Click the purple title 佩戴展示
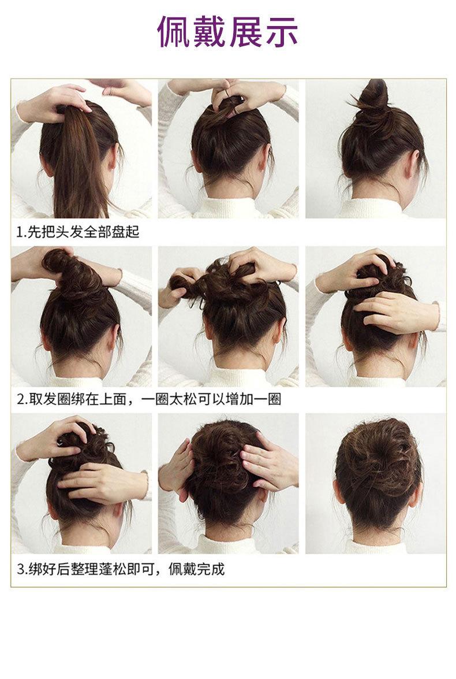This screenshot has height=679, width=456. click(x=227, y=31)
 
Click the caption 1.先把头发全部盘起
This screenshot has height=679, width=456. click(x=79, y=232)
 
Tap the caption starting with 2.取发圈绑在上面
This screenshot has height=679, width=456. click(x=149, y=399)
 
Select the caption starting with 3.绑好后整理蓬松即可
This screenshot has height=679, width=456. click(x=121, y=569)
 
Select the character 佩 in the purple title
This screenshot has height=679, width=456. click(x=174, y=31)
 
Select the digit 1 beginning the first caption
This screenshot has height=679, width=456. click(x=20, y=232)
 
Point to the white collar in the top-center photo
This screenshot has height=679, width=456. click(x=228, y=209)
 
